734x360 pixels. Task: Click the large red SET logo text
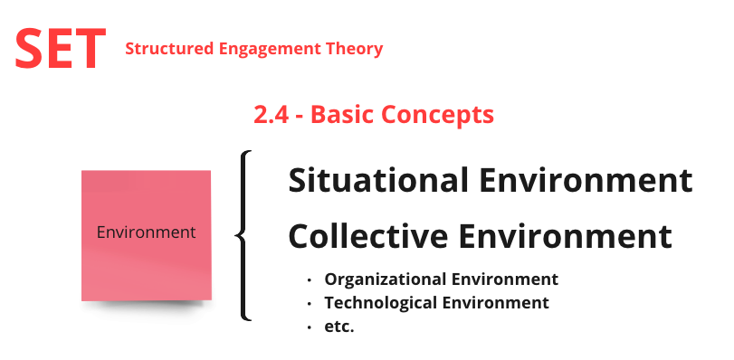pos(61,49)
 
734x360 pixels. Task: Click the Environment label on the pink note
pos(146,232)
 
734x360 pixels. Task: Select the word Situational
pos(378,180)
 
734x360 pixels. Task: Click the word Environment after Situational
pos(586,180)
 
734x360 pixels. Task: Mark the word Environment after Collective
pos(566,236)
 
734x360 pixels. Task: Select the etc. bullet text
pos(339,327)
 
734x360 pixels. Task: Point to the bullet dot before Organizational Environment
pos(310,280)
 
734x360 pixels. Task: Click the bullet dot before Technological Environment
pos(310,304)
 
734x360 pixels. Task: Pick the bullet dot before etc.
pos(310,327)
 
